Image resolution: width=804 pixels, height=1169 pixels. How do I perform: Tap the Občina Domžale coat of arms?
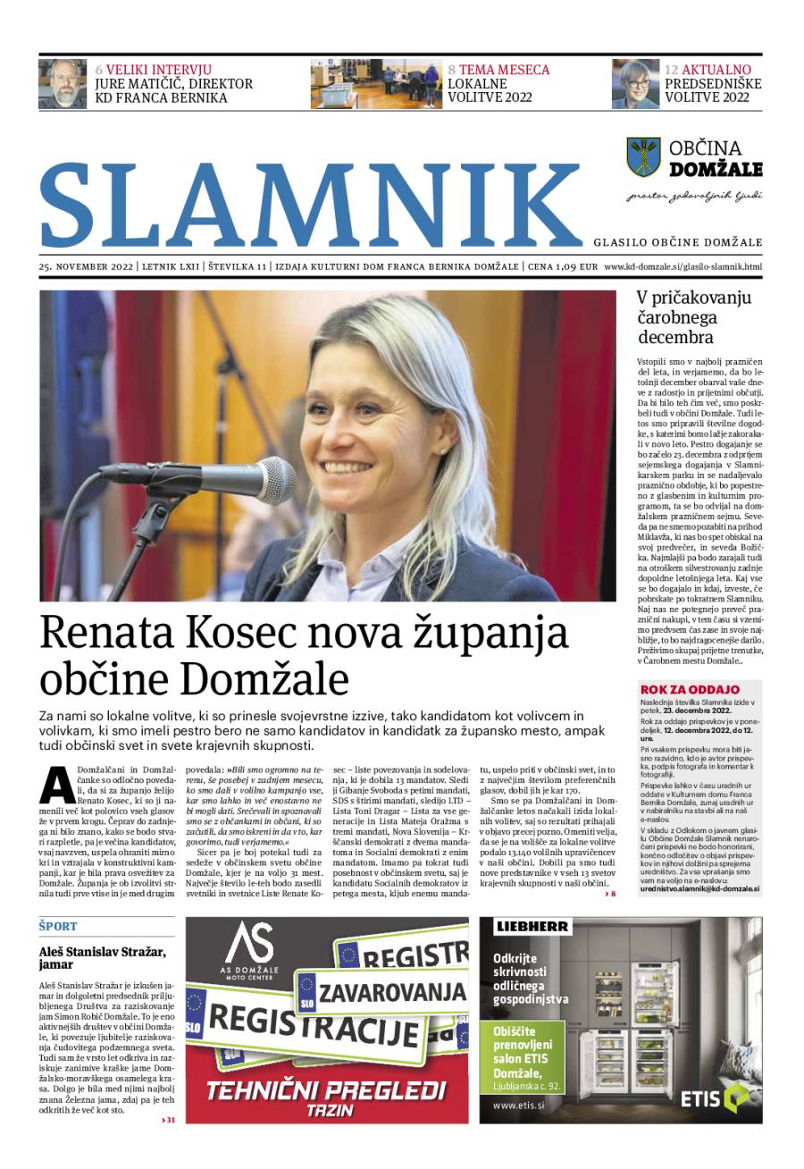coord(643,156)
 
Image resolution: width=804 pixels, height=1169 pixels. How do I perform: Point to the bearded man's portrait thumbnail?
coord(63,84)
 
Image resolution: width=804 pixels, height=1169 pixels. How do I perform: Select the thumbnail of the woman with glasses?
coord(634,84)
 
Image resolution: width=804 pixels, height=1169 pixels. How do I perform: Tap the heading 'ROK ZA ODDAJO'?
coord(690,689)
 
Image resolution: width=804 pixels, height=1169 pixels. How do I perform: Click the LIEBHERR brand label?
coord(533,927)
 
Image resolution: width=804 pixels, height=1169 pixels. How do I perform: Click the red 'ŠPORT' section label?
coord(58,926)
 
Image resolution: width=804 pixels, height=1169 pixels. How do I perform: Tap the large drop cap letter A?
coord(56,784)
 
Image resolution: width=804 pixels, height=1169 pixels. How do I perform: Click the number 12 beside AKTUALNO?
coord(672,70)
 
